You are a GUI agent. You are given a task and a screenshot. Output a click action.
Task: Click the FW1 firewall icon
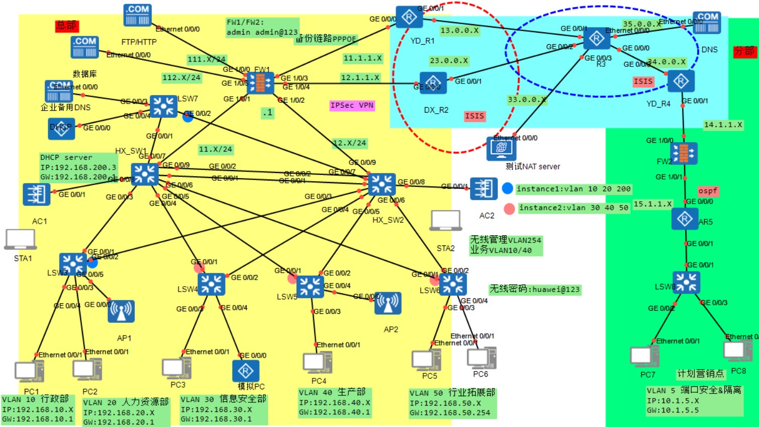(261, 83)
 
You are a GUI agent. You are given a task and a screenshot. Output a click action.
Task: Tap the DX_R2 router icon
(433, 83)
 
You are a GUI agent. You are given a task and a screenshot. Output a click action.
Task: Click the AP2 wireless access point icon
(388, 303)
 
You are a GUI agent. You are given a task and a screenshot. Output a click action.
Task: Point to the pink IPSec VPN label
(352, 105)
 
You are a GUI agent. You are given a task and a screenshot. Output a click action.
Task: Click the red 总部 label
(66, 25)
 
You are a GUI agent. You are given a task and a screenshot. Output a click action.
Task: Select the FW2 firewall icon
(684, 153)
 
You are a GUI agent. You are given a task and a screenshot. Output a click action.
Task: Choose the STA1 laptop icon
(20, 239)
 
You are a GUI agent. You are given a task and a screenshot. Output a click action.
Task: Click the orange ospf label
(707, 191)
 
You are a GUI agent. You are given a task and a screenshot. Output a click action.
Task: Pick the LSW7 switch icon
(164, 106)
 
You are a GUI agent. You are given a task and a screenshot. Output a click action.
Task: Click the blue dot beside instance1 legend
(507, 189)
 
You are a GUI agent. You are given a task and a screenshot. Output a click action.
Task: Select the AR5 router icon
(684, 219)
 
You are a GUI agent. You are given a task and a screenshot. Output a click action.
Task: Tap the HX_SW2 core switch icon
(382, 185)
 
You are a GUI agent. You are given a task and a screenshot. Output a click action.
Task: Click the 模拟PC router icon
(246, 371)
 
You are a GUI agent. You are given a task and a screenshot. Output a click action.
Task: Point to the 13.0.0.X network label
(459, 30)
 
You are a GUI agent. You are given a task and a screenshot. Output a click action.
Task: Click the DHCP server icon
(61, 129)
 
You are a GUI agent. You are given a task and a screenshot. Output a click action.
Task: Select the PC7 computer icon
(644, 357)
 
